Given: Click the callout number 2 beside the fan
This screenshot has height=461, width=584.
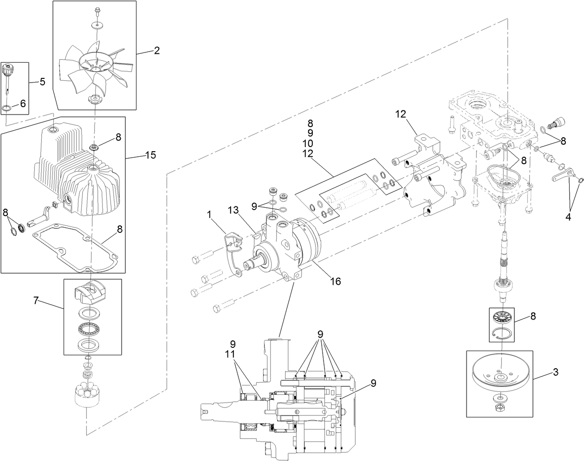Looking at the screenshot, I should pyautogui.click(x=157, y=51).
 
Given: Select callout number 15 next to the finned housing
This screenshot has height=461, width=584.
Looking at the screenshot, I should pyautogui.click(x=151, y=154).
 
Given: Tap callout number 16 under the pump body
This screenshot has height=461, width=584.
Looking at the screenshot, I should pyautogui.click(x=335, y=281).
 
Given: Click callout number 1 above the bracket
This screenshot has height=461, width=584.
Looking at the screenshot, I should pyautogui.click(x=209, y=215).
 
